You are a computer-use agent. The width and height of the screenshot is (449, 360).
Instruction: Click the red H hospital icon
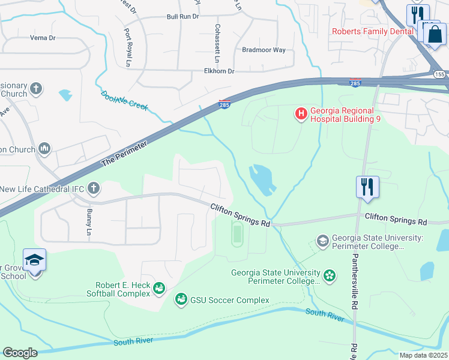click(300, 113)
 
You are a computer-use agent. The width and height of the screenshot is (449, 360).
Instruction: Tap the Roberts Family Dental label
click(375, 31)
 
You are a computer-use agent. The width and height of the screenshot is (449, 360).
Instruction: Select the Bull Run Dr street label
click(182, 16)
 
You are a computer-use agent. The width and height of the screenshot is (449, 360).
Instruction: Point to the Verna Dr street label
click(43, 37)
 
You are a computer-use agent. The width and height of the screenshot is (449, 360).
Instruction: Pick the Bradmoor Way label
click(264, 50)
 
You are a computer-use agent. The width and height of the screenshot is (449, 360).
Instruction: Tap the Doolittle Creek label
click(124, 100)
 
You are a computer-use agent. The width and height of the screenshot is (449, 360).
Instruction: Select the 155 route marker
click(441, 73)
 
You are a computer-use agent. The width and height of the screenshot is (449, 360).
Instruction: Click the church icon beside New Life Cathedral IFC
click(93, 189)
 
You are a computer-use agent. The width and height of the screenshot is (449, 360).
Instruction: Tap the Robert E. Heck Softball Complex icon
click(159, 289)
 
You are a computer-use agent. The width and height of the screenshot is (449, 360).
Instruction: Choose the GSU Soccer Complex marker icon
click(181, 299)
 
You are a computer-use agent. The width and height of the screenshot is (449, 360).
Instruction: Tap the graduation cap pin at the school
click(35, 260)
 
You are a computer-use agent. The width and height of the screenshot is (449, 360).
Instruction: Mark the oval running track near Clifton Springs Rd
click(237, 234)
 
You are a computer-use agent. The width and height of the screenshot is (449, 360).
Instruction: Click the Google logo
click(20, 353)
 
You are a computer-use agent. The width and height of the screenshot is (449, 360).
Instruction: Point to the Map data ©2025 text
click(423, 355)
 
